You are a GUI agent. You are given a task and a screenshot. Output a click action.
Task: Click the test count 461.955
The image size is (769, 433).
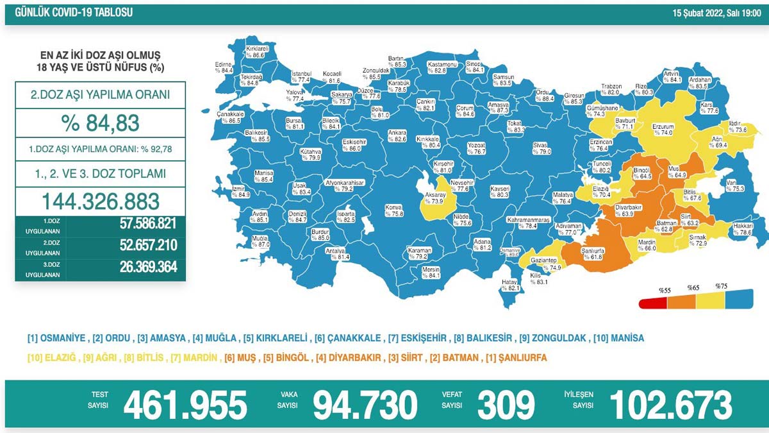pyautogui.click(x=185, y=405)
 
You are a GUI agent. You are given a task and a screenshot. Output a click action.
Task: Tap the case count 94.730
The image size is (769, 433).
pyautogui.click(x=365, y=405)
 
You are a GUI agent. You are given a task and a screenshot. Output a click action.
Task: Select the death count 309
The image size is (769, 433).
pyautogui.click(x=506, y=405)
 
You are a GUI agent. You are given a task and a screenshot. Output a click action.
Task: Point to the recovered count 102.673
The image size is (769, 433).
pyautogui.click(x=670, y=405)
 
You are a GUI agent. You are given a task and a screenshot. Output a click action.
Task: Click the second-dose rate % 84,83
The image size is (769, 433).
pyautogui.click(x=100, y=122)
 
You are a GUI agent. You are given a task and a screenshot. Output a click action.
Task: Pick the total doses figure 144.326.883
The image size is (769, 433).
pyautogui.click(x=100, y=201)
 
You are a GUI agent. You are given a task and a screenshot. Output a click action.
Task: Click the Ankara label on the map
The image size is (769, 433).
pyautogui.click(x=397, y=133)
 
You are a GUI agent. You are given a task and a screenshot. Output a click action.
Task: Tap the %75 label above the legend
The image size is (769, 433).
pyautogui.click(x=721, y=286)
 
